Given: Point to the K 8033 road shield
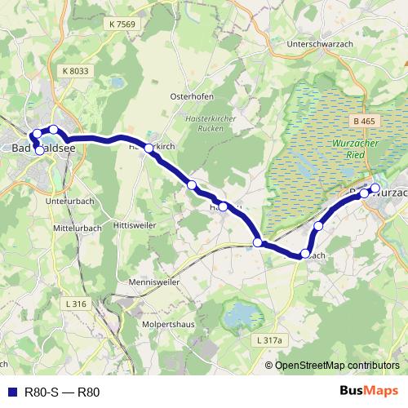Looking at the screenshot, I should click(x=74, y=72).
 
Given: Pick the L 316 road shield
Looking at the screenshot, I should click(x=74, y=304).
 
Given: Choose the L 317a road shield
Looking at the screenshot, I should click(x=268, y=339).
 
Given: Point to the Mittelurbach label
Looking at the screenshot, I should click(x=76, y=228).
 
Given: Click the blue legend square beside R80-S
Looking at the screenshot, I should click(x=10, y=391).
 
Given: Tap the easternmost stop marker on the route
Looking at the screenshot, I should click(x=375, y=188).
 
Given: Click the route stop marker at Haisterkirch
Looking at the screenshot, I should click(x=149, y=149).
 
